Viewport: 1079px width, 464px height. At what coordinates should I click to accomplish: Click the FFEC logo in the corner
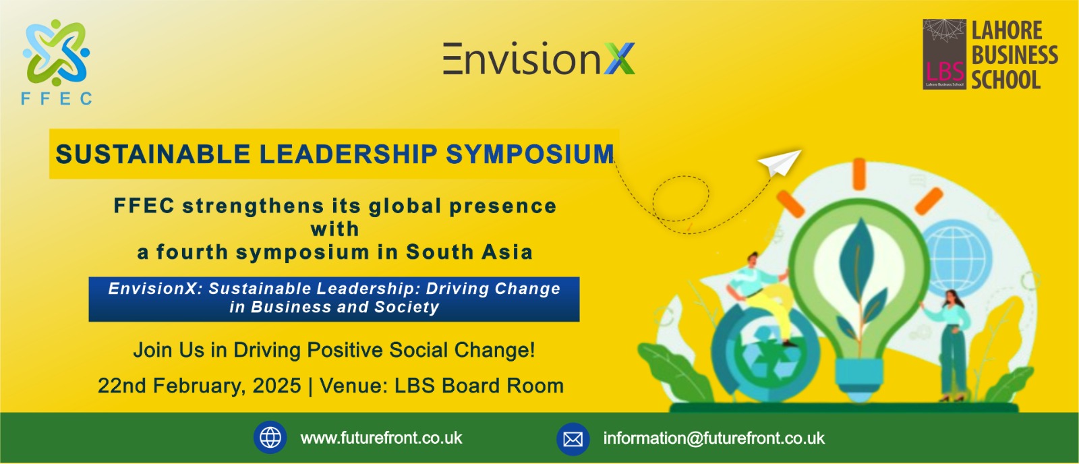tap(57, 62)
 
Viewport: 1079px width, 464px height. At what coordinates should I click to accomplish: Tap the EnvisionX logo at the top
tap(539, 59)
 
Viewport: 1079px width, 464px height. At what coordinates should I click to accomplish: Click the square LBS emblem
tap(944, 54)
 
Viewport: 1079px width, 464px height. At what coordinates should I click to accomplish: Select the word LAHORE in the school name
tap(1007, 31)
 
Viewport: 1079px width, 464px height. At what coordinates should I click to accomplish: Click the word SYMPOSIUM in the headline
tap(530, 154)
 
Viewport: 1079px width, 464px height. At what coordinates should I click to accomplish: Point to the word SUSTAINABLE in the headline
tap(152, 154)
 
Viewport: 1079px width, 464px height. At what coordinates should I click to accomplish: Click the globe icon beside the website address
tap(270, 438)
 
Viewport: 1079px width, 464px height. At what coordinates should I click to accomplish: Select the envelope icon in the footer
tap(573, 439)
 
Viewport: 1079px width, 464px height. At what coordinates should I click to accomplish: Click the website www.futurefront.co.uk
tap(381, 438)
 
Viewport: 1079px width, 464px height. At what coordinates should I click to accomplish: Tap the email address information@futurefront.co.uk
tap(714, 438)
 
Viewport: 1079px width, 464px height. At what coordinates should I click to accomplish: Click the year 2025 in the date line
tap(277, 386)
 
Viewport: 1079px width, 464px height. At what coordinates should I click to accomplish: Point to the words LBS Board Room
tap(479, 386)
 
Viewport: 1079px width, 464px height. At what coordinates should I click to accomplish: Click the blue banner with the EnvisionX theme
tap(334, 299)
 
